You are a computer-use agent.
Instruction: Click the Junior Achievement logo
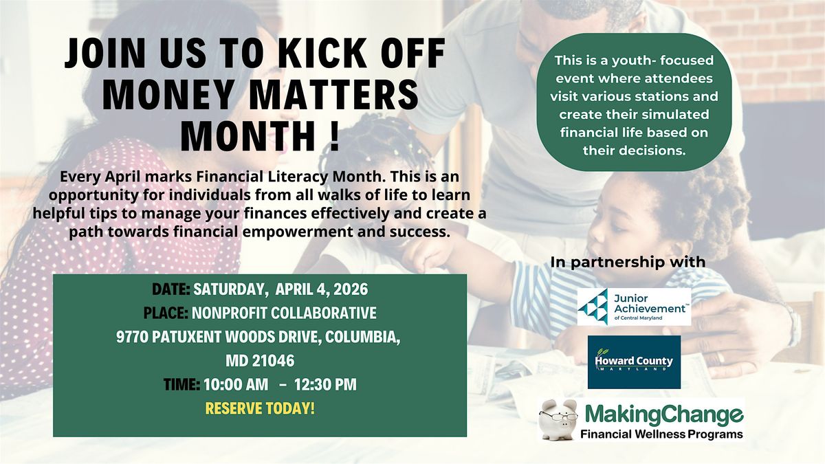point(634,307)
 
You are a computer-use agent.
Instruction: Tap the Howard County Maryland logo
point(634,362)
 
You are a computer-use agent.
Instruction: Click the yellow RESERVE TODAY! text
point(260,408)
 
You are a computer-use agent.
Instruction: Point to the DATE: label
point(171,289)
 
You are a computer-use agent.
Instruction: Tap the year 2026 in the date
point(351,289)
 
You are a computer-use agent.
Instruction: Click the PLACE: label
point(166,313)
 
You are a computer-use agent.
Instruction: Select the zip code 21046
point(273,361)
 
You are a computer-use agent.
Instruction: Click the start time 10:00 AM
point(236,384)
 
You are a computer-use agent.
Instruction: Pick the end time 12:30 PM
point(326,384)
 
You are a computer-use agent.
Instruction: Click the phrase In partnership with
point(628,262)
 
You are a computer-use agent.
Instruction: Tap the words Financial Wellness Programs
point(661,434)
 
